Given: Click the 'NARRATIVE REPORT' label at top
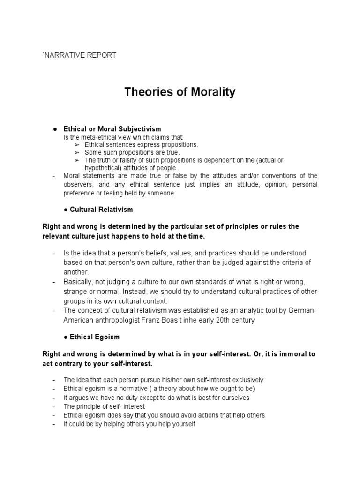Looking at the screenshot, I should pyautogui.click(x=80, y=55).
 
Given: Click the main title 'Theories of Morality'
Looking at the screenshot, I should pyautogui.click(x=180, y=92).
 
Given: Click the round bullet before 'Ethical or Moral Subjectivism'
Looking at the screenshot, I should pyautogui.click(x=55, y=128).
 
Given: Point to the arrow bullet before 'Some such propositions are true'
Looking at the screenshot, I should pyautogui.click(x=77, y=152).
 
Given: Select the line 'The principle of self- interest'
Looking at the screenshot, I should pyautogui.click(x=104, y=406).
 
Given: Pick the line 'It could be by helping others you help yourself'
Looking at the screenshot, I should pyautogui.click(x=129, y=424).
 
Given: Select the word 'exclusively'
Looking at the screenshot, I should pyautogui.click(x=247, y=380).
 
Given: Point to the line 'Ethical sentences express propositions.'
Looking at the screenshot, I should pyautogui.click(x=141, y=145).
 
